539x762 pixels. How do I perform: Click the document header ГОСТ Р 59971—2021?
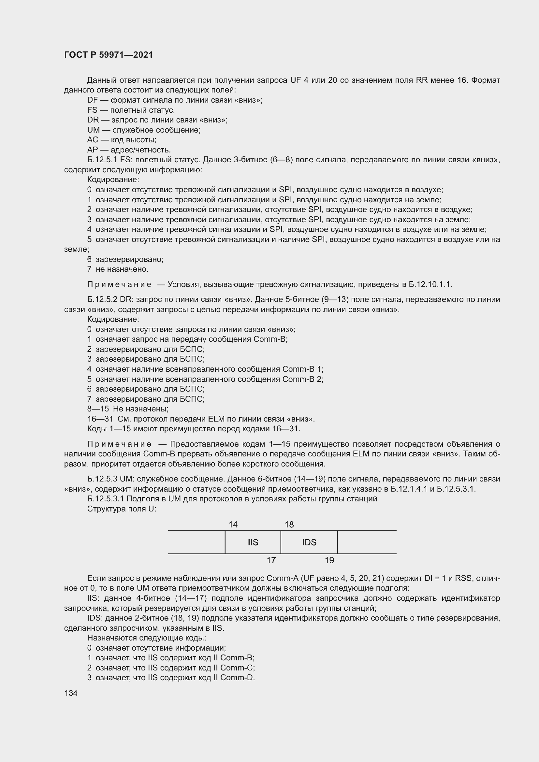pos(109,55)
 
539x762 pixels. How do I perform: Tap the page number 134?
pos(71,693)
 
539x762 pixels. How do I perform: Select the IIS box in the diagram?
pos(253,542)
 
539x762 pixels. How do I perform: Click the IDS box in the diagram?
pos(309,542)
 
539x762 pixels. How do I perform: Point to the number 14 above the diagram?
pos(233,525)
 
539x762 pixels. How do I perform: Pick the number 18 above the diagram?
pos(289,525)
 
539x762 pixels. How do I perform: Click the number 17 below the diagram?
pos(271,560)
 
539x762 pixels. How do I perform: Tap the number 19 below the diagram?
pos(329,560)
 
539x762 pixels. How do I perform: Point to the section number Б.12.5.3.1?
pos(106,499)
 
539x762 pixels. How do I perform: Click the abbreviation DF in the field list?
pos(93,100)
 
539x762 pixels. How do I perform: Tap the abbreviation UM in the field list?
pos(93,130)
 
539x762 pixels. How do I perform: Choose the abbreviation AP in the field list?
pos(93,150)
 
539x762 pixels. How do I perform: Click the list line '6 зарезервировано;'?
pos(125,259)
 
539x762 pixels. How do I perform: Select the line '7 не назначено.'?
pos(118,269)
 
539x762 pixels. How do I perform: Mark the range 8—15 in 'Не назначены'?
pos(98,409)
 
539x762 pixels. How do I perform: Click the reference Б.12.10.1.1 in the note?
pos(430,284)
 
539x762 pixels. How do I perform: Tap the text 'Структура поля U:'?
pos(122,509)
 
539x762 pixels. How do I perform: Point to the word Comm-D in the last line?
pos(237,678)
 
